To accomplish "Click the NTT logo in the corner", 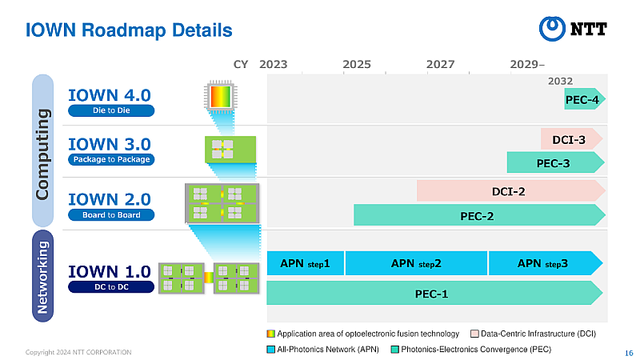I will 574,29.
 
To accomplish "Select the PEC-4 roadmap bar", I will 584,99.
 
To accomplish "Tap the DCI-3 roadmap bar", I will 570,139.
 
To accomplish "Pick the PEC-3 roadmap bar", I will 554,163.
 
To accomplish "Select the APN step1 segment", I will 305,262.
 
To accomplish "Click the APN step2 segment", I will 416,262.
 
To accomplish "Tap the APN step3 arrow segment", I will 544,262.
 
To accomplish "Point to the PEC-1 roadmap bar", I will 433,293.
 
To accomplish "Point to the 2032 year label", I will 560,81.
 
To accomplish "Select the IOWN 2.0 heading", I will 110,198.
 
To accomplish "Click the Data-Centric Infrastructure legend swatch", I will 474,334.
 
